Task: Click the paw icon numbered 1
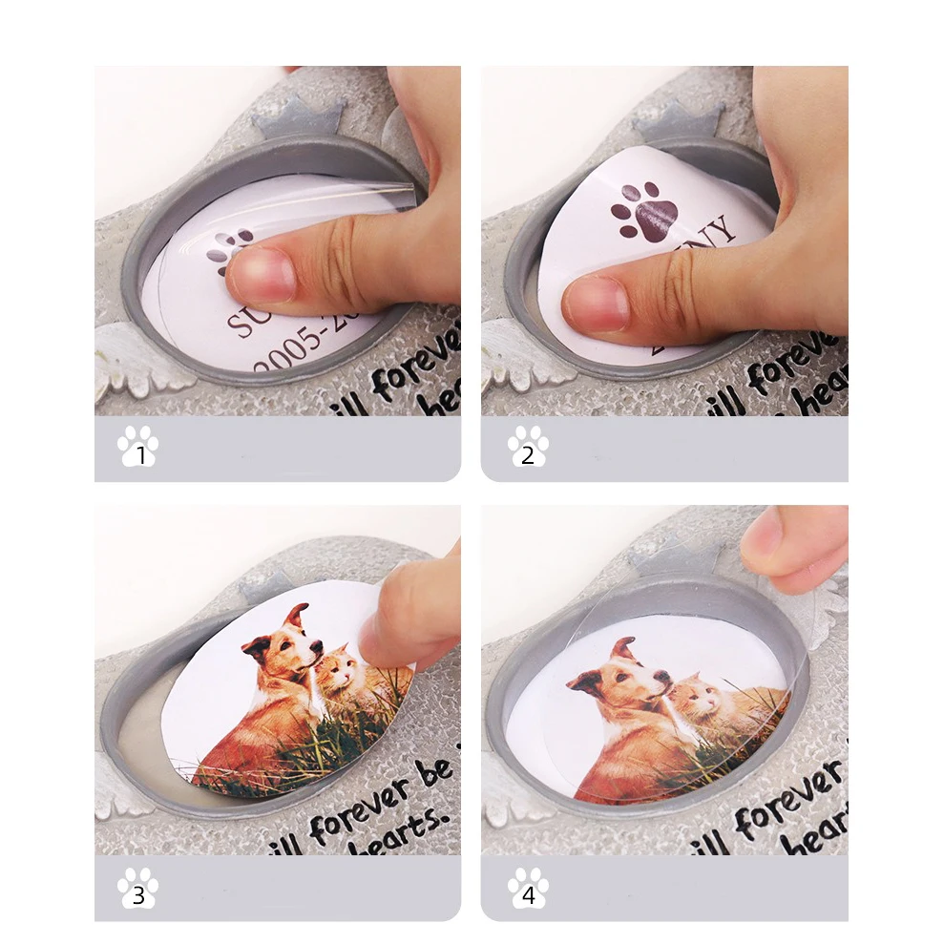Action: (x=138, y=447)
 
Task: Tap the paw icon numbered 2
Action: (x=528, y=447)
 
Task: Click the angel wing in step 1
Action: (x=138, y=367)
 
